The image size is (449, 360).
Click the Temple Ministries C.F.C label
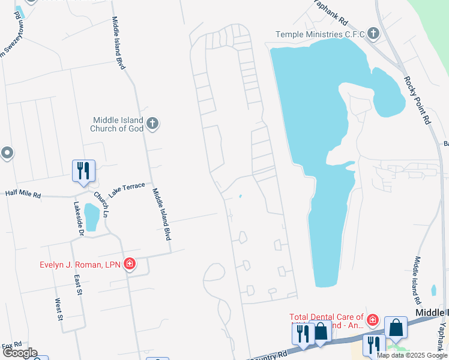pos(320,35)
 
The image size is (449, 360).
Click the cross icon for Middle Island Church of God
pos(152,124)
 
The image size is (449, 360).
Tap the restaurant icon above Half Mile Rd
pos(83,171)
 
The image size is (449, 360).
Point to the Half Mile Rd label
pos(23,194)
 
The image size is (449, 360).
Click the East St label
pos(78,284)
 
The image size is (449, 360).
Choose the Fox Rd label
pos(12,346)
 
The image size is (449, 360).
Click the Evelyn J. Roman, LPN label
pos(80,263)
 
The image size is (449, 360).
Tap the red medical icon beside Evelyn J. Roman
pos(129,263)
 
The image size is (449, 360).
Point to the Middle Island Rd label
pos(416,279)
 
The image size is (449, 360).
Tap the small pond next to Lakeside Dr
pos(92,217)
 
